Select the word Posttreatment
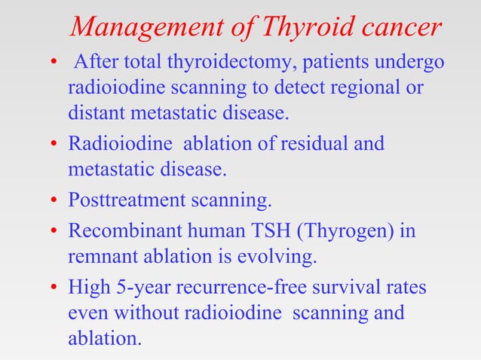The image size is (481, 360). coord(124,202)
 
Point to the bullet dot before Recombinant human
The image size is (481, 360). coord(55,230)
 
